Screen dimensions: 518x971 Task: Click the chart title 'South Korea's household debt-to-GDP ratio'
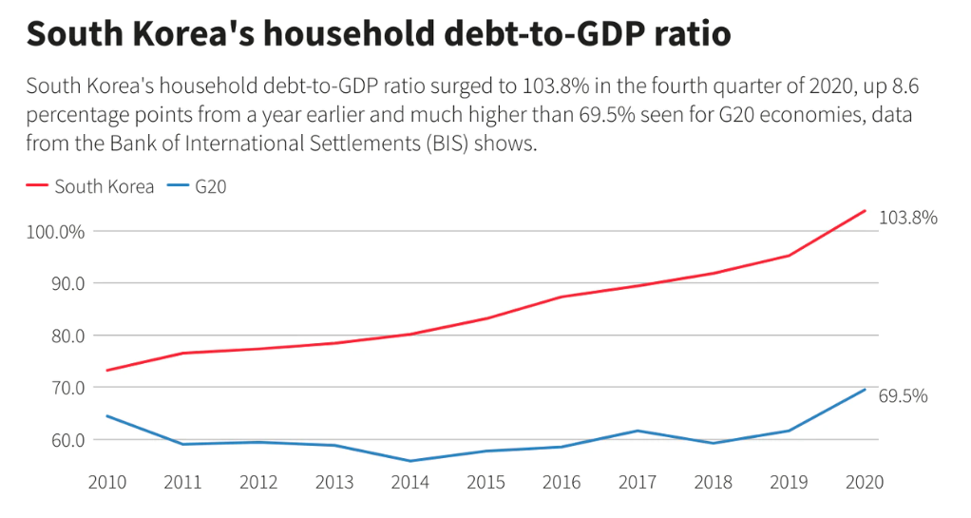point(378,34)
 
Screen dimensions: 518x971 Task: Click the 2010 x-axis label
point(106,482)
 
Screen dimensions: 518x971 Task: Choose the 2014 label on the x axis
point(409,482)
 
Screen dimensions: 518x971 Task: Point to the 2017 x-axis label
point(637,482)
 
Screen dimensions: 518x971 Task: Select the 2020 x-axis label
point(864,482)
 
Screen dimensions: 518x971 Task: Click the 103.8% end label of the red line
point(907,218)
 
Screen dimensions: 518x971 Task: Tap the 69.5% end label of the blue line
point(903,396)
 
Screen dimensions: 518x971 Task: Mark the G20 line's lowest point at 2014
point(409,461)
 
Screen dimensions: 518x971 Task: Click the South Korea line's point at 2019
point(789,255)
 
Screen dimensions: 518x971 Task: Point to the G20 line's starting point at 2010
point(106,415)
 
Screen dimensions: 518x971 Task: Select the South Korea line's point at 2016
point(562,297)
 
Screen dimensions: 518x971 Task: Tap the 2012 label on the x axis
point(258,482)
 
